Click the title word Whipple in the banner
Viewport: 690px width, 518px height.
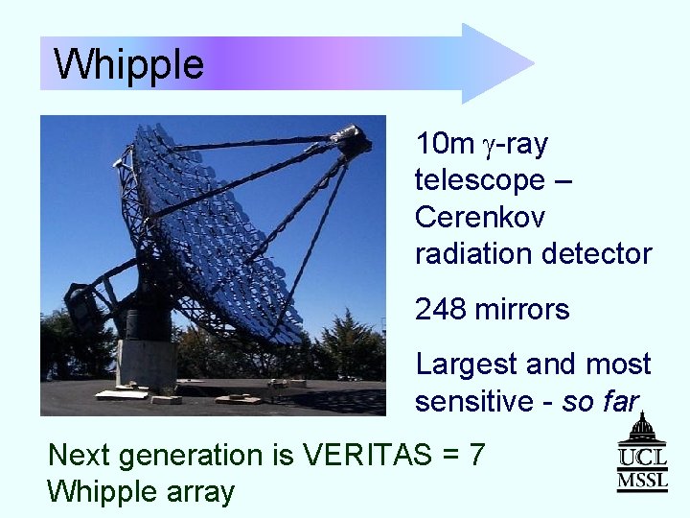click(128, 65)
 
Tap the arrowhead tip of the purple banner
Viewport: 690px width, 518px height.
click(534, 63)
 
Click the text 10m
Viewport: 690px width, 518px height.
click(445, 143)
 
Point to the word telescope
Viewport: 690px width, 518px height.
click(480, 180)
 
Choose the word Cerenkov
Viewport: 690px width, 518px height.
click(480, 217)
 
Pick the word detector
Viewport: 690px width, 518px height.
click(597, 253)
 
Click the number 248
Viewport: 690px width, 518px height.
click(441, 309)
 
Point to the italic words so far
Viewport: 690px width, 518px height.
click(601, 401)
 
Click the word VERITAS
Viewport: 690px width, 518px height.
click(367, 454)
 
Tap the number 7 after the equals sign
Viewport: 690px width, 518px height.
click(476, 455)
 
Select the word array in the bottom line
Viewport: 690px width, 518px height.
click(200, 493)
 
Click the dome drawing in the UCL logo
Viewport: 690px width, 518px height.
click(642, 427)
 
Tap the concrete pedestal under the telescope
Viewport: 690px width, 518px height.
click(146, 364)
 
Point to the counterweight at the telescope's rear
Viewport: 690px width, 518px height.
click(82, 308)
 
